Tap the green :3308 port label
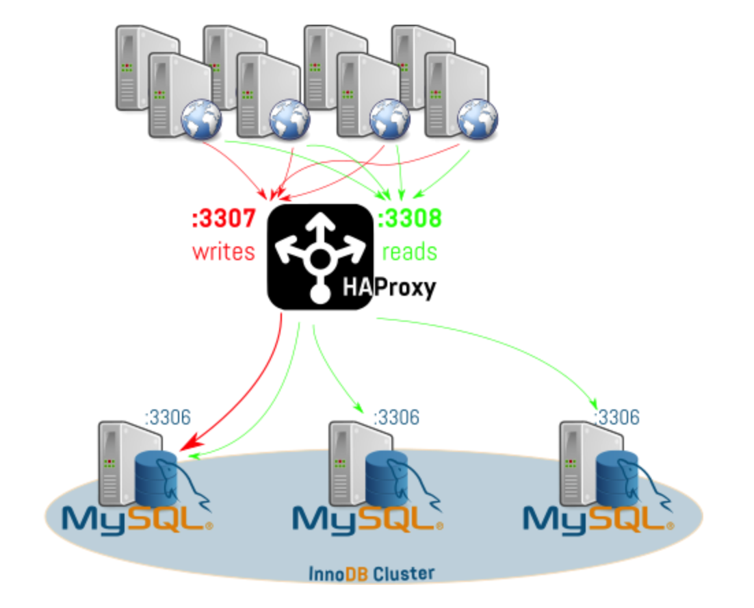click(x=410, y=218)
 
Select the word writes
click(x=224, y=251)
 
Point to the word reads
click(x=409, y=251)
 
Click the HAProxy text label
click(x=389, y=288)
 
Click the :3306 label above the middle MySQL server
click(x=396, y=416)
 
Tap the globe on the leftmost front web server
click(x=202, y=119)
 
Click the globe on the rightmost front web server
click(x=478, y=119)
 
